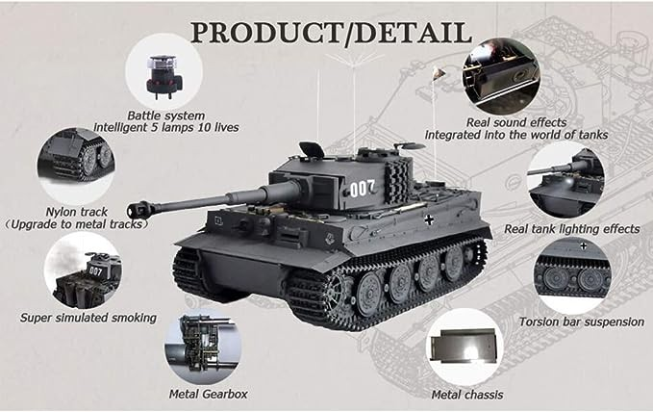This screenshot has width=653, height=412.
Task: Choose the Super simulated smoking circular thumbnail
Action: (x=83, y=270)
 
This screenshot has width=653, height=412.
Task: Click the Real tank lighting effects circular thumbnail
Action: (x=566, y=180)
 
